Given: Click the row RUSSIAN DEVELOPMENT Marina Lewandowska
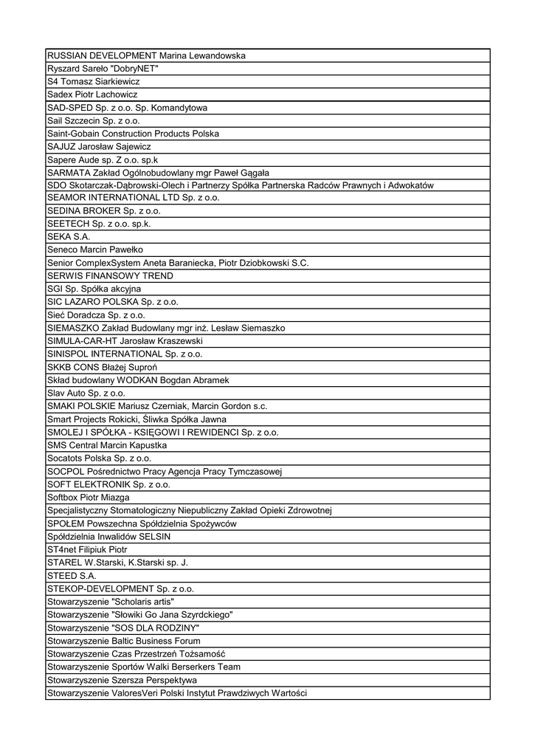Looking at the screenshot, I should [x=146, y=55].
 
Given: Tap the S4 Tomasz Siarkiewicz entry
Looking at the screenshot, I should [x=93, y=81].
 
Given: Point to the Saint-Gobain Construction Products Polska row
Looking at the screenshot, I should [x=133, y=134].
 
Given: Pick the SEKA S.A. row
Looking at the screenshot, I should [x=69, y=237].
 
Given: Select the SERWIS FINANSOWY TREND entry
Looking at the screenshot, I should [x=110, y=275].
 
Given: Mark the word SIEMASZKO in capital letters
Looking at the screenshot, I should [x=72, y=327].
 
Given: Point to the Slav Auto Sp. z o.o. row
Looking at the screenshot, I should [x=86, y=392].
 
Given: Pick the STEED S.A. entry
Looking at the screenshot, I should [x=72, y=575].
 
